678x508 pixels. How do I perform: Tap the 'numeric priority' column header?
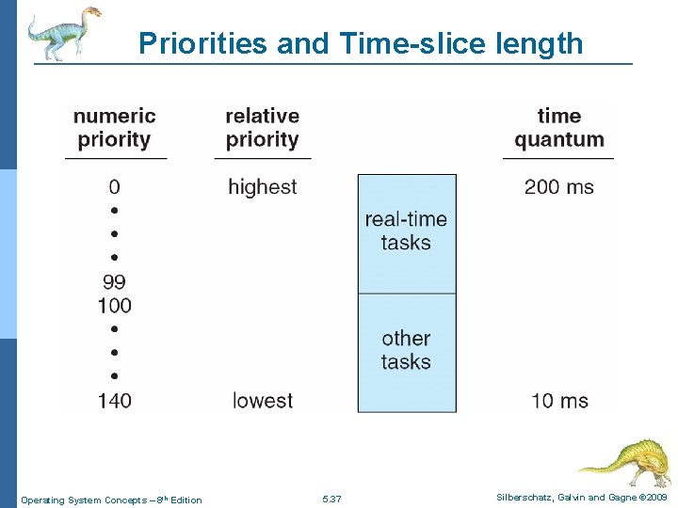pyautogui.click(x=115, y=128)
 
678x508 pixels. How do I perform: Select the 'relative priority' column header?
pyautogui.click(x=263, y=128)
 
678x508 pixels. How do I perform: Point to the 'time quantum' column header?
pyautogui.click(x=559, y=128)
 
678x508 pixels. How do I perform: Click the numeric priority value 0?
pyautogui.click(x=114, y=186)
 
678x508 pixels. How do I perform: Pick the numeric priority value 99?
pyautogui.click(x=114, y=281)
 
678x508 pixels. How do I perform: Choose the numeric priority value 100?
pyautogui.click(x=114, y=305)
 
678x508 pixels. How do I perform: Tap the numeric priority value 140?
pyautogui.click(x=114, y=401)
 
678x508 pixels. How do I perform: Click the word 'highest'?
pyautogui.click(x=263, y=186)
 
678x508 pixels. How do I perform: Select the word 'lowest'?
pyautogui.click(x=263, y=401)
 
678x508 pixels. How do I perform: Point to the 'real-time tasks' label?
pyautogui.click(x=406, y=230)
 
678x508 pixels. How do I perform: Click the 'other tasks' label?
pyautogui.click(x=406, y=349)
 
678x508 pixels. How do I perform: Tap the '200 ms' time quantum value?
pyautogui.click(x=559, y=186)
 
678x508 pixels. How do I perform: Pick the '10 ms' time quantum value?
pyautogui.click(x=559, y=401)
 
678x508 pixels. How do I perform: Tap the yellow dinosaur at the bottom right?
pyautogui.click(x=625, y=460)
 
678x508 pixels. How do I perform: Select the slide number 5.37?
pyautogui.click(x=331, y=499)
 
